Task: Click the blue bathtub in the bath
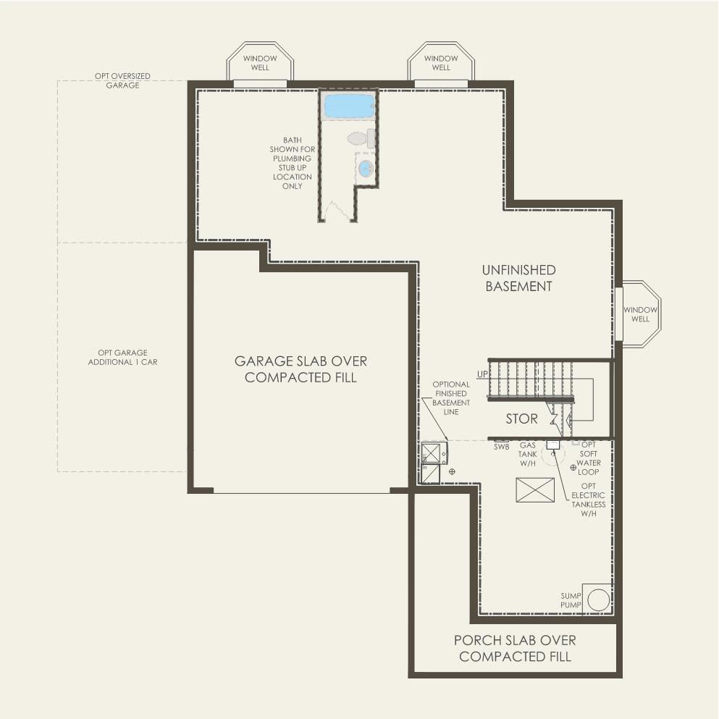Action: (348, 106)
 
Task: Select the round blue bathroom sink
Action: (366, 168)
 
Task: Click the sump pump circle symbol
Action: (598, 600)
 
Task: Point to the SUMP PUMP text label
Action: (571, 600)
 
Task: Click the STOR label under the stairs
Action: (521, 419)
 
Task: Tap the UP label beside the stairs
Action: (482, 374)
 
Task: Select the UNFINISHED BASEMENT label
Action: (518, 278)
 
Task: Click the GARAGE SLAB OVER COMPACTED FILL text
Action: (300, 369)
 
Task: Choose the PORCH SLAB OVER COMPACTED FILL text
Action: (515, 648)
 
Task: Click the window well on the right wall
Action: (640, 314)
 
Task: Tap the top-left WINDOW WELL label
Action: (260, 63)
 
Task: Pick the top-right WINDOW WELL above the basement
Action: (441, 63)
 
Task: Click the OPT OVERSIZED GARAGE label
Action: (122, 80)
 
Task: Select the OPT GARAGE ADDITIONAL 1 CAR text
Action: (122, 357)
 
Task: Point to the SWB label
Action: (502, 447)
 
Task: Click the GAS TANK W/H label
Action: (527, 454)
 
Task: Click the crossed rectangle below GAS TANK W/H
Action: (535, 489)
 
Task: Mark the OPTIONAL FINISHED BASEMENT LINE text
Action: (451, 398)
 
